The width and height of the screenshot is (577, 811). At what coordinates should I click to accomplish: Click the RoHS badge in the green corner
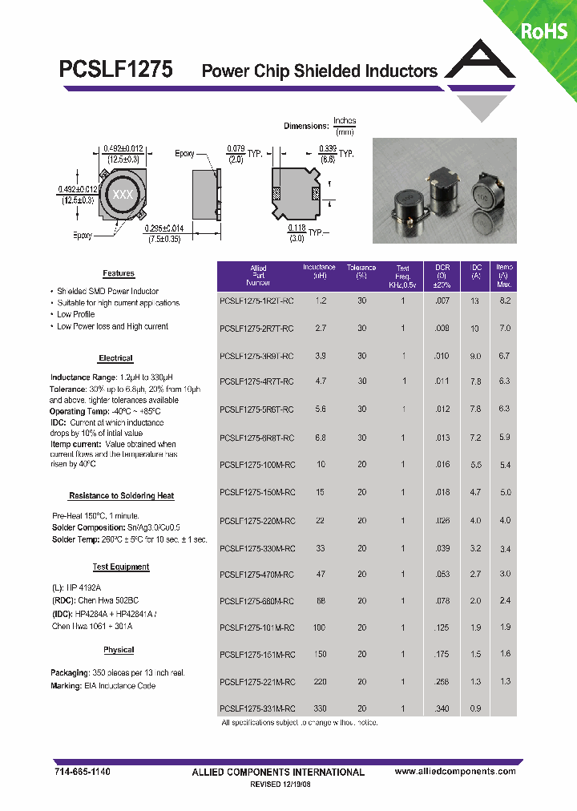(544, 31)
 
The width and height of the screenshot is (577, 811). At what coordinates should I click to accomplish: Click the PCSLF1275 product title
(115, 70)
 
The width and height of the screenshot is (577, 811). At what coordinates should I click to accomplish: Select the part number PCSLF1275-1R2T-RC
(256, 301)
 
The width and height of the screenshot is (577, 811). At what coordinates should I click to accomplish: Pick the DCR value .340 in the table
(442, 708)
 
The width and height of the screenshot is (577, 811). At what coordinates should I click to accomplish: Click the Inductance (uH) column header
(319, 272)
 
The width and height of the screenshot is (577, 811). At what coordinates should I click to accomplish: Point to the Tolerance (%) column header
(361, 272)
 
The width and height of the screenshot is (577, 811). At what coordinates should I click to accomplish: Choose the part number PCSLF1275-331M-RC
(256, 708)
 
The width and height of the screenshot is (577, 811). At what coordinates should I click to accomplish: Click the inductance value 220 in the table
(321, 681)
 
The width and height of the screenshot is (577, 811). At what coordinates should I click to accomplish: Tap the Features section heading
(119, 273)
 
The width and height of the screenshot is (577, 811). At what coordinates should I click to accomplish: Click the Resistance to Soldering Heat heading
(121, 496)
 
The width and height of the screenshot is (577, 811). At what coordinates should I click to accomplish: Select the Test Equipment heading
(121, 567)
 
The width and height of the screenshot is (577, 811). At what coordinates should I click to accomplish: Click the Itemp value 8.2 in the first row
(505, 300)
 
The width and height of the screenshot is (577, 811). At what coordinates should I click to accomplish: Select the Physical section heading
(119, 650)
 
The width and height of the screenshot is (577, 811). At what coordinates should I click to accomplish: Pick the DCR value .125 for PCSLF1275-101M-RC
(442, 627)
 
